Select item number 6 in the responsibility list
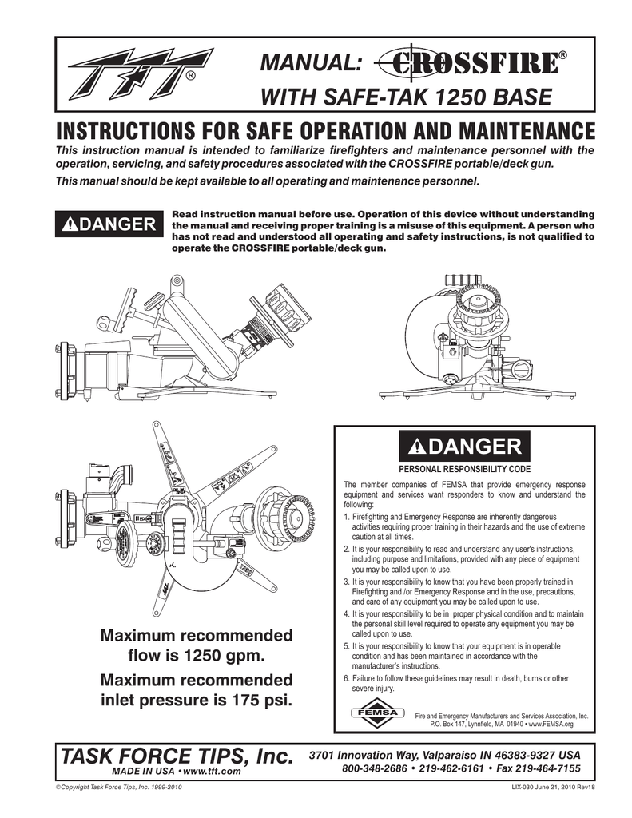pyautogui.click(x=346, y=678)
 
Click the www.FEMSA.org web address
pyautogui.click(x=547, y=724)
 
